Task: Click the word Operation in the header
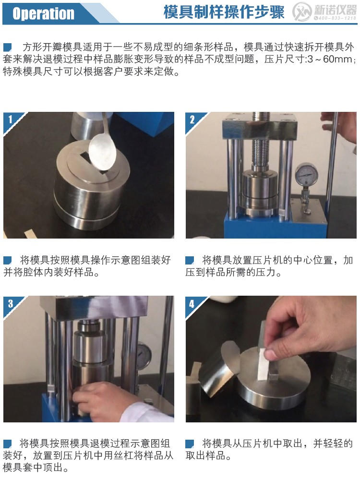[44, 13]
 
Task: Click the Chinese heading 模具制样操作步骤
[224, 12]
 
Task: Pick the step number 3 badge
[10, 303]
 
